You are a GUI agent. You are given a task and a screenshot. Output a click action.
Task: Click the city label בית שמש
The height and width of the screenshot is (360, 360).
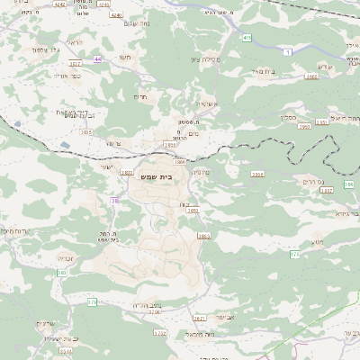(157, 175)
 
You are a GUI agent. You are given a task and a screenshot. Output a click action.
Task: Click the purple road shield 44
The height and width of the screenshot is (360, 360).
(97, 59)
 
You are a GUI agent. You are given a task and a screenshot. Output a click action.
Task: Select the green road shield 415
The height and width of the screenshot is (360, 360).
(247, 38)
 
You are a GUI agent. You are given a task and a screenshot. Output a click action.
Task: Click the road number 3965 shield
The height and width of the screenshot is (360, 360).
(310, 76)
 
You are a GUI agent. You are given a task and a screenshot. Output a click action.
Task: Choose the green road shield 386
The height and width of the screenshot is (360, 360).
(348, 184)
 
